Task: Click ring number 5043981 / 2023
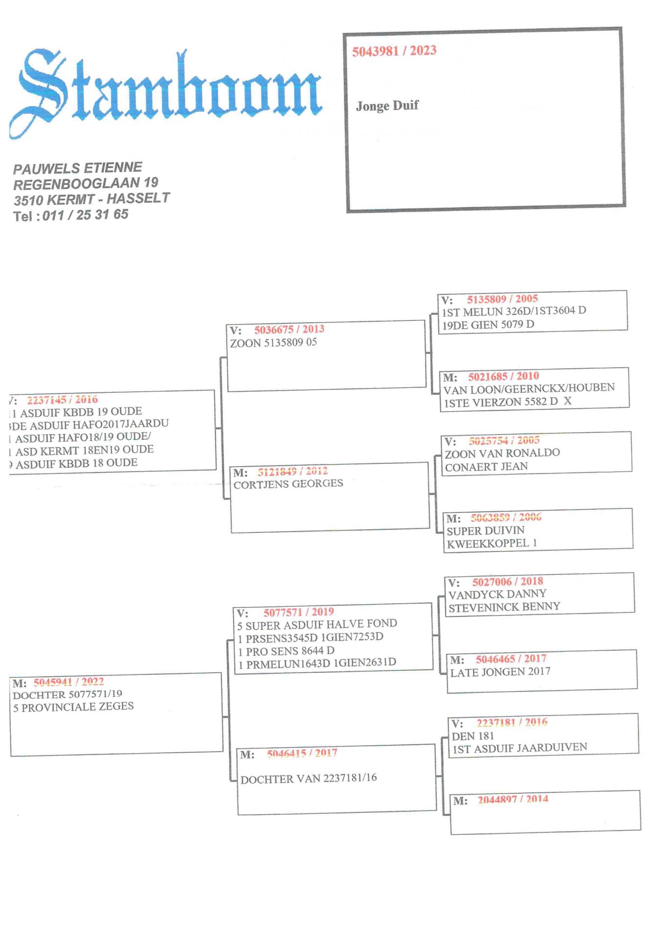point(394,51)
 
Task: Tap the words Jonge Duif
point(387,106)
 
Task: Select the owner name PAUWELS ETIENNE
point(77,168)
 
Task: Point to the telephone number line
point(71,215)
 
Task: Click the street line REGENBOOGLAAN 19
point(86,184)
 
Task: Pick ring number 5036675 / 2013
point(289,330)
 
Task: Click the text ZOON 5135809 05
point(273,343)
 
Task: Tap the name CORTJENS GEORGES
point(288,484)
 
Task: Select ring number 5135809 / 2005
point(502,299)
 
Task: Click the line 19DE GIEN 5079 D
point(488,324)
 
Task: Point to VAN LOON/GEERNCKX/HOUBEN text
point(529,388)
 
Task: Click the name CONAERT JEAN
point(486,467)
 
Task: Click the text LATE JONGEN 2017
point(500,672)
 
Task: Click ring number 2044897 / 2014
point(513,800)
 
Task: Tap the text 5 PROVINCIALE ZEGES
point(73,707)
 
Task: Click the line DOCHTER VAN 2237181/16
point(309,779)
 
